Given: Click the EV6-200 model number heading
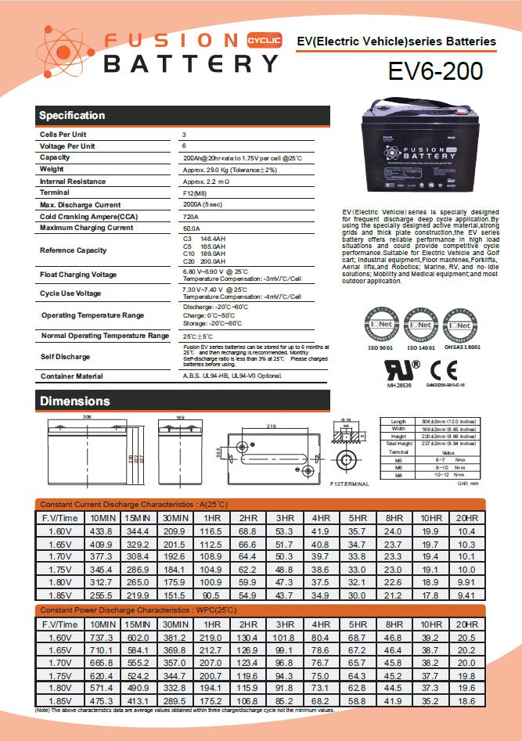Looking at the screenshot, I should [435, 71].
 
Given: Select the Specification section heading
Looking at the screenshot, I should [72, 116].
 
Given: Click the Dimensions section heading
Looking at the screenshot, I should [75, 401].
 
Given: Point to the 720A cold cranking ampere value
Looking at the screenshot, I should [190, 216].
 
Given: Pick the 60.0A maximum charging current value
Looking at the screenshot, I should [192, 228].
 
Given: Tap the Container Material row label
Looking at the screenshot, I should [71, 376].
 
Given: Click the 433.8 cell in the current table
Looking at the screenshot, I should [100, 531].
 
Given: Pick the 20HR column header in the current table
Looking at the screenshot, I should [466, 518].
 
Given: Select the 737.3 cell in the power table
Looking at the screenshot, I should [100, 638].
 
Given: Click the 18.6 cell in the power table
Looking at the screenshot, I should [466, 702].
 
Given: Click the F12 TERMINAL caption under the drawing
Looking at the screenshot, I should [350, 484].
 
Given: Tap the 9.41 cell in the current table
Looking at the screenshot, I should [466, 595].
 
